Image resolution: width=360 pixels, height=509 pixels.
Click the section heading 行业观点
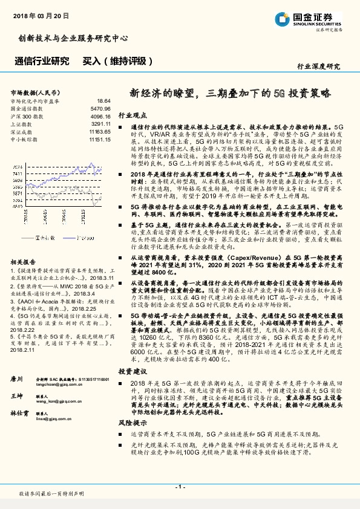coord(132,114)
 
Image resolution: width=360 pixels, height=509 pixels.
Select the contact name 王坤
coord(17,378)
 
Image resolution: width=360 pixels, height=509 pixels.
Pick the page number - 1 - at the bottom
coord(179,486)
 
